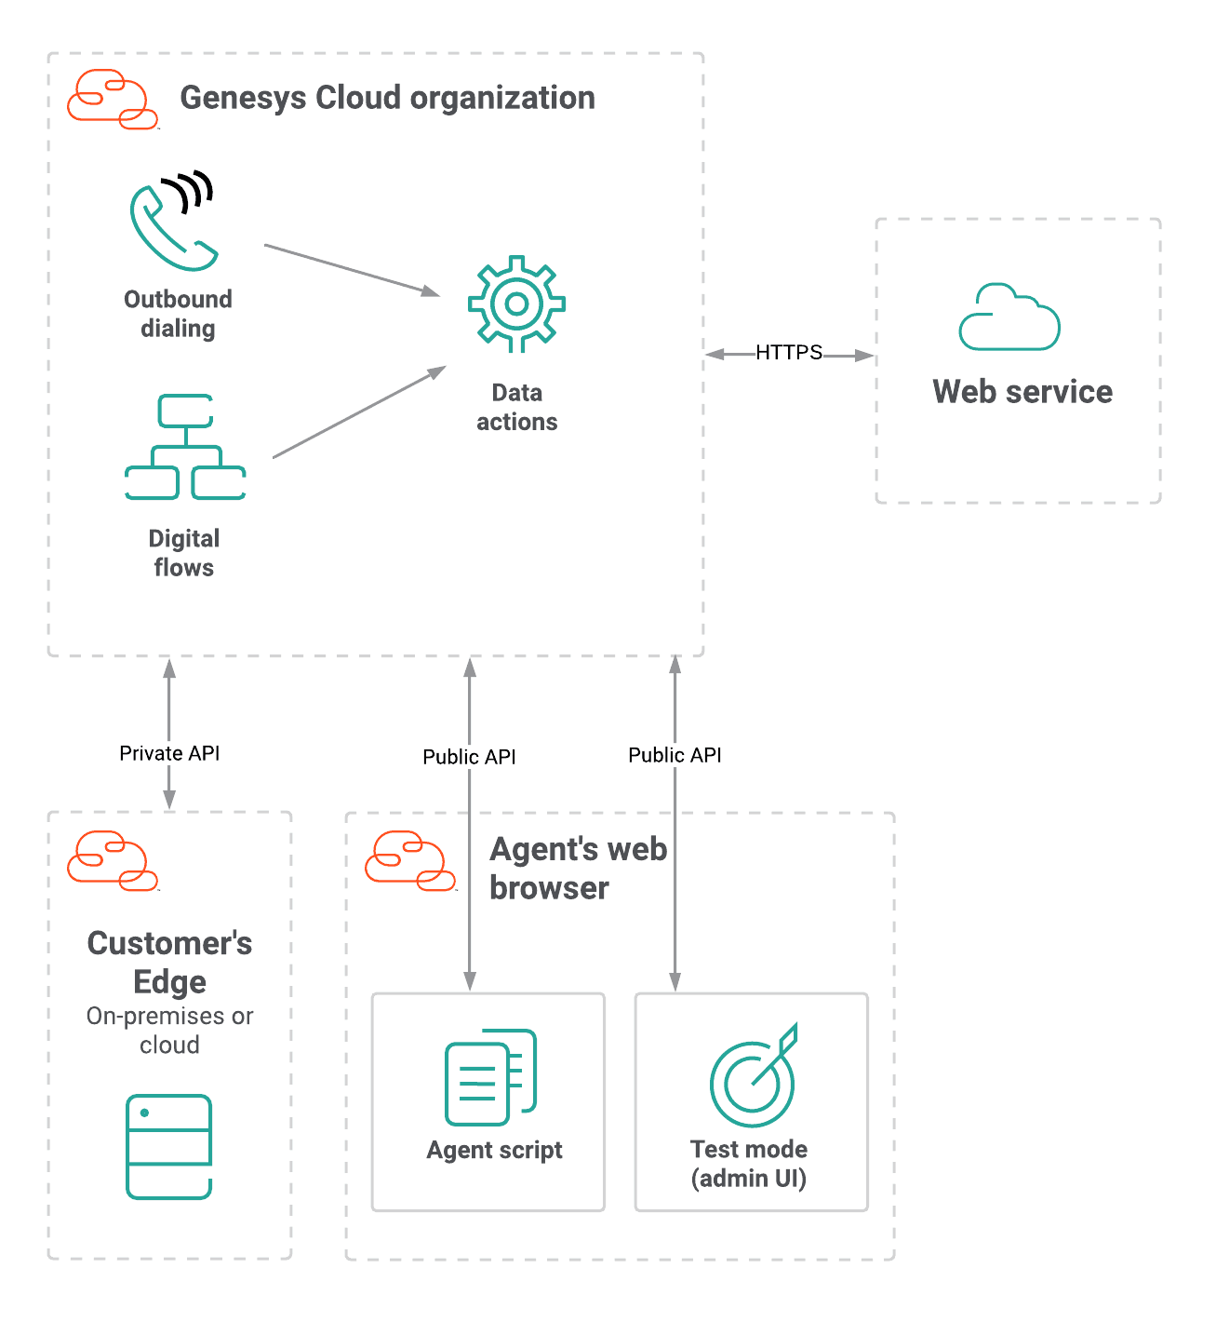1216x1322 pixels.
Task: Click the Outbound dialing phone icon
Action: coord(173,223)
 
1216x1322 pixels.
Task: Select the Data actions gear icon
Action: coord(516,304)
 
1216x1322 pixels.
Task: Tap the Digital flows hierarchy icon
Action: coord(185,447)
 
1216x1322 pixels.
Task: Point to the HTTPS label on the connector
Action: coord(789,353)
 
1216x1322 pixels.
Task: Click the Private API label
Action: coord(169,753)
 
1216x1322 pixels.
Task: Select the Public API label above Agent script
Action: coord(469,757)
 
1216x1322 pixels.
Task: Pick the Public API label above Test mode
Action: coord(675,755)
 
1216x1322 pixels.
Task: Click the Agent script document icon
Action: coord(490,1077)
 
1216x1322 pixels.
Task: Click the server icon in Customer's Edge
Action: coord(169,1147)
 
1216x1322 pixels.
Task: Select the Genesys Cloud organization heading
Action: coord(387,98)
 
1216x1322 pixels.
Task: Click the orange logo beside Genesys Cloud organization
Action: coord(113,100)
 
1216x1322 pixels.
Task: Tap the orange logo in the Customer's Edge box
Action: coord(113,861)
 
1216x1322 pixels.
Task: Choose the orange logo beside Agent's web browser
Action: coord(410,861)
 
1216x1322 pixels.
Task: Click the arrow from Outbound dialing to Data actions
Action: coord(352,270)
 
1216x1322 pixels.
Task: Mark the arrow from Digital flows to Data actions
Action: coord(359,412)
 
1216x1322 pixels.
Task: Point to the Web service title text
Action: coord(1022,392)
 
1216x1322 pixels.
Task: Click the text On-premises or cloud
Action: coord(169,1030)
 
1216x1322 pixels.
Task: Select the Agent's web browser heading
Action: coord(578,869)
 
